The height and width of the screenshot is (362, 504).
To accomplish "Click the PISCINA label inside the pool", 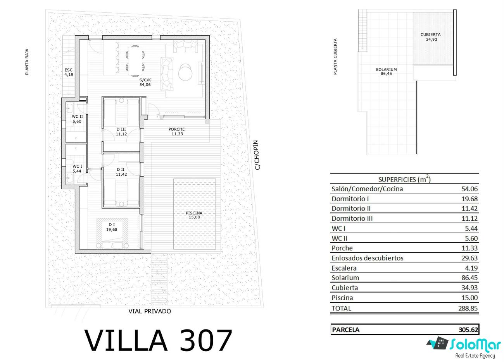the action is (194, 213).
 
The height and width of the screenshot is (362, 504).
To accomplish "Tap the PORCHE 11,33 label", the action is (177, 132).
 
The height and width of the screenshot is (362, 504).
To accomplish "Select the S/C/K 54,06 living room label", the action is (145, 82).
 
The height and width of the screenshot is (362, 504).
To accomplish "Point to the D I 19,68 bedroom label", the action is (112, 227).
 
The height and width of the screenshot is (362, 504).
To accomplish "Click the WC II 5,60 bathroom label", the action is (77, 119).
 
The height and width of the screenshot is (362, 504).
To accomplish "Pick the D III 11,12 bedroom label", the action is (121, 132).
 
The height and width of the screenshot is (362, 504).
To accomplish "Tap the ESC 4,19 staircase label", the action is (69, 72).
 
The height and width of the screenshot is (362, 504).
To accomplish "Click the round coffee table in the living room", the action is (185, 72).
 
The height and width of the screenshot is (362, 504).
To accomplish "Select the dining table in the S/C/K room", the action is (135, 61).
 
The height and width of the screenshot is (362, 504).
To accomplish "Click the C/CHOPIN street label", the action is (257, 155).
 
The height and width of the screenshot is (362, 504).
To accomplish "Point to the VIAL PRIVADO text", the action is (150, 311).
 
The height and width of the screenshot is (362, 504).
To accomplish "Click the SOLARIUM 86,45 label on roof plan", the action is (386, 72).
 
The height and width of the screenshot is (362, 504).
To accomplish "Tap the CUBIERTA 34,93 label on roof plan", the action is (430, 37).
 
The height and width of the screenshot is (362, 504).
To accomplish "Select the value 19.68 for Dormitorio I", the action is (469, 199).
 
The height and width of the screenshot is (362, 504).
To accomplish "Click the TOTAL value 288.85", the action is (468, 308).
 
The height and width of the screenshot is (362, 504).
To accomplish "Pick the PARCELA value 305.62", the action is (468, 329).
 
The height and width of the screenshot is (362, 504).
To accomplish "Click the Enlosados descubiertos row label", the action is (368, 258).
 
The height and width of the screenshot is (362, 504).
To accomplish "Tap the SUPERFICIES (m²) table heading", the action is (404, 179).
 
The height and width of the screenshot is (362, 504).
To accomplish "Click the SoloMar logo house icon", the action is (438, 343).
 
